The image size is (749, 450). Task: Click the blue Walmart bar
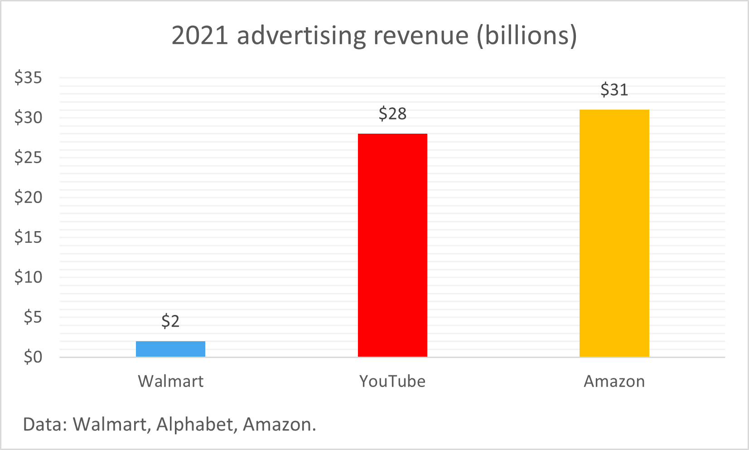click(x=170, y=349)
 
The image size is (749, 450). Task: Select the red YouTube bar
click(x=392, y=245)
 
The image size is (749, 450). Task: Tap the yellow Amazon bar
click(x=614, y=233)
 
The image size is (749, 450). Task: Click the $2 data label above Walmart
click(x=170, y=321)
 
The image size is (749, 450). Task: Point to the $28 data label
click(x=392, y=114)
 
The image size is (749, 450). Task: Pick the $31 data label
click(x=614, y=90)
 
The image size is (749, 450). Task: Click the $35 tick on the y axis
click(x=28, y=78)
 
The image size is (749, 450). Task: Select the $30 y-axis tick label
click(x=28, y=118)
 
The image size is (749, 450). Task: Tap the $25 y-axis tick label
click(x=28, y=158)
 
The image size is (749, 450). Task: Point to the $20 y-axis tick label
click(x=28, y=197)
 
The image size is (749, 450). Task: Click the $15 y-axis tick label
click(x=28, y=237)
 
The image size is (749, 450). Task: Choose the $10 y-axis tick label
click(x=28, y=277)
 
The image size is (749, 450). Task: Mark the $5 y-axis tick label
click(x=33, y=317)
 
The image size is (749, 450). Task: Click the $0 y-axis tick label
click(x=33, y=357)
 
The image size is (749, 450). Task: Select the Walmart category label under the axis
click(x=170, y=382)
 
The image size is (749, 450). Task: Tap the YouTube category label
click(x=392, y=382)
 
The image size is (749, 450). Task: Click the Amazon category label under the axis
click(x=614, y=382)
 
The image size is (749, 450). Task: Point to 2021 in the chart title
click(x=200, y=35)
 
